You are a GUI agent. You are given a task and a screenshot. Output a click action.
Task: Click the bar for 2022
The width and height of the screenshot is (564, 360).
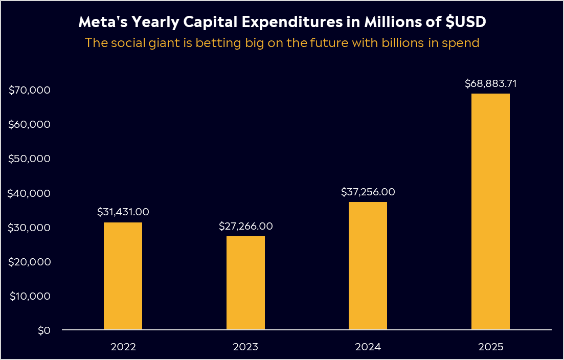tap(123, 276)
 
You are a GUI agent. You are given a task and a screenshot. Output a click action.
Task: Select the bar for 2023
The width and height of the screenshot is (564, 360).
tap(245, 283)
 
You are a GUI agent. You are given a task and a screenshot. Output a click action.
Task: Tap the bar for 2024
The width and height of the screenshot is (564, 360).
tap(368, 266)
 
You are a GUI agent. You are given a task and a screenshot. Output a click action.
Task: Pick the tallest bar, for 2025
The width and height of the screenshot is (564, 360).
tap(490, 212)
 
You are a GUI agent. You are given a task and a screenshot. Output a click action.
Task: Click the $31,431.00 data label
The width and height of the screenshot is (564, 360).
tap(123, 212)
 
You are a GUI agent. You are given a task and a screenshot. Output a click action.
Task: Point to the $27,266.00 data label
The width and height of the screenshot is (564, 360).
tap(246, 226)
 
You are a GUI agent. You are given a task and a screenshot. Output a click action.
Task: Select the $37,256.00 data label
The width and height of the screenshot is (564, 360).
tap(368, 192)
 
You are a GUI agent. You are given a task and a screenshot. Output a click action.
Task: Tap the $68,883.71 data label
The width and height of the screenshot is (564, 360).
tap(491, 83)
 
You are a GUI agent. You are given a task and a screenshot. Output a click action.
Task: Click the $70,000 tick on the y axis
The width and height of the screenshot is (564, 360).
tap(29, 90)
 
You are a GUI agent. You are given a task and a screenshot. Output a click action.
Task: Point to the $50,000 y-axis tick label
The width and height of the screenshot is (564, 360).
tap(29, 159)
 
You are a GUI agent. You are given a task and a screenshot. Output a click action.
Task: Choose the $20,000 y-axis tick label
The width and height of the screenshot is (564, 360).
tap(29, 262)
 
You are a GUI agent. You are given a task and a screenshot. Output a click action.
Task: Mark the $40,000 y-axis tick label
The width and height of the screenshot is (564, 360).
tap(29, 193)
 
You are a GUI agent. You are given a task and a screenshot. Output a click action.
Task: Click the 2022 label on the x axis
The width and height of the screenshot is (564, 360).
tap(123, 347)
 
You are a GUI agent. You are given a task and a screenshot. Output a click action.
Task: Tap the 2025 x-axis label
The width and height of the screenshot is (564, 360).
tap(491, 347)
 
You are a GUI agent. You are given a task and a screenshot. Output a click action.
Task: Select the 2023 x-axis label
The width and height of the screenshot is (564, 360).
tap(246, 347)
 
